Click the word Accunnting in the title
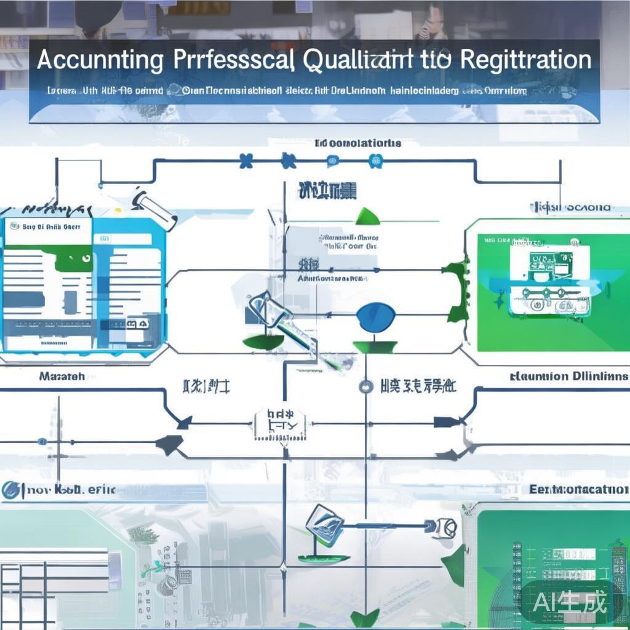click(100, 61)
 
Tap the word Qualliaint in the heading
click(364, 60)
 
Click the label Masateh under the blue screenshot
click(62, 375)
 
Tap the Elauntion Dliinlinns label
click(570, 376)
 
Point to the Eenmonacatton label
click(578, 490)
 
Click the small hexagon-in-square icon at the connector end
click(445, 526)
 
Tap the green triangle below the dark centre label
click(367, 215)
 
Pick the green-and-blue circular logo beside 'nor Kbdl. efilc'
click(11, 490)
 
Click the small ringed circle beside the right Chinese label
click(365, 387)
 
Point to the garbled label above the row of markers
click(357, 143)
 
